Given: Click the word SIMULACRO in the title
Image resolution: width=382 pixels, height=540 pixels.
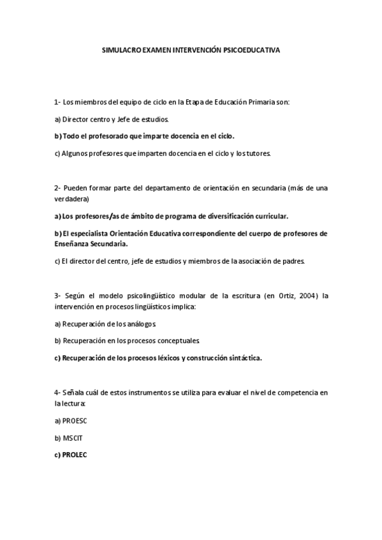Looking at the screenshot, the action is point(122,48).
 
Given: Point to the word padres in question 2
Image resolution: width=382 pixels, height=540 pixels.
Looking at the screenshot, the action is point(294,260).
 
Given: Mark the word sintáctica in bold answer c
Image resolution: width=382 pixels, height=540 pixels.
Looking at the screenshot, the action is point(244,358).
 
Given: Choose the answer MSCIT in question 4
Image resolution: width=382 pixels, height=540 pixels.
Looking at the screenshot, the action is point(73,438).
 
